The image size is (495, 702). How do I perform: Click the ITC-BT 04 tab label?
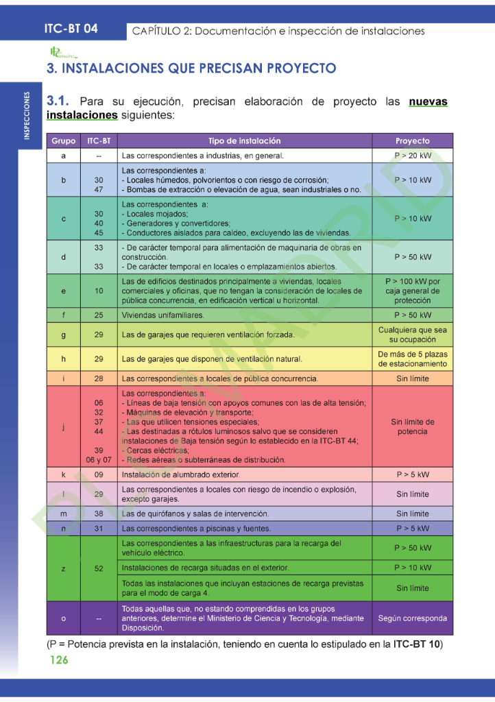[x=71, y=29]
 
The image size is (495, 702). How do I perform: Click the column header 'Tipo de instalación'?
[x=244, y=141]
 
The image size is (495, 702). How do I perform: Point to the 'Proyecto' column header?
[x=412, y=141]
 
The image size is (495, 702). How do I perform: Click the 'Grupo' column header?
[x=63, y=141]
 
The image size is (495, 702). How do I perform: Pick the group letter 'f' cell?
[x=63, y=315]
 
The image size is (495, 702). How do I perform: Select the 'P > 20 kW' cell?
[x=412, y=156]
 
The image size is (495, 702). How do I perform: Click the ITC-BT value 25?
[x=99, y=315]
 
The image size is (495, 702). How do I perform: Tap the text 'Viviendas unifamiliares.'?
[x=162, y=315]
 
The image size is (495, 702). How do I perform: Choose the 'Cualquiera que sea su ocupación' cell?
[x=412, y=335]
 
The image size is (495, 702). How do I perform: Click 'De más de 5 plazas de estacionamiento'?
[x=412, y=359]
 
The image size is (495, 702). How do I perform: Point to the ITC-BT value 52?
[x=99, y=568]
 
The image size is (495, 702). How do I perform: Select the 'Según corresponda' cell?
[x=412, y=618]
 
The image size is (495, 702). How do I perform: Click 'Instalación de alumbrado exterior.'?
[x=180, y=474]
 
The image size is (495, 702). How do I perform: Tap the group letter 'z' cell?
[x=63, y=568]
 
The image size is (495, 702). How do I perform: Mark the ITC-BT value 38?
[x=99, y=513]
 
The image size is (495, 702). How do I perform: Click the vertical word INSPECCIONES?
[x=27, y=116]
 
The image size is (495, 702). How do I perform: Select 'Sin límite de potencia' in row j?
[x=412, y=426]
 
